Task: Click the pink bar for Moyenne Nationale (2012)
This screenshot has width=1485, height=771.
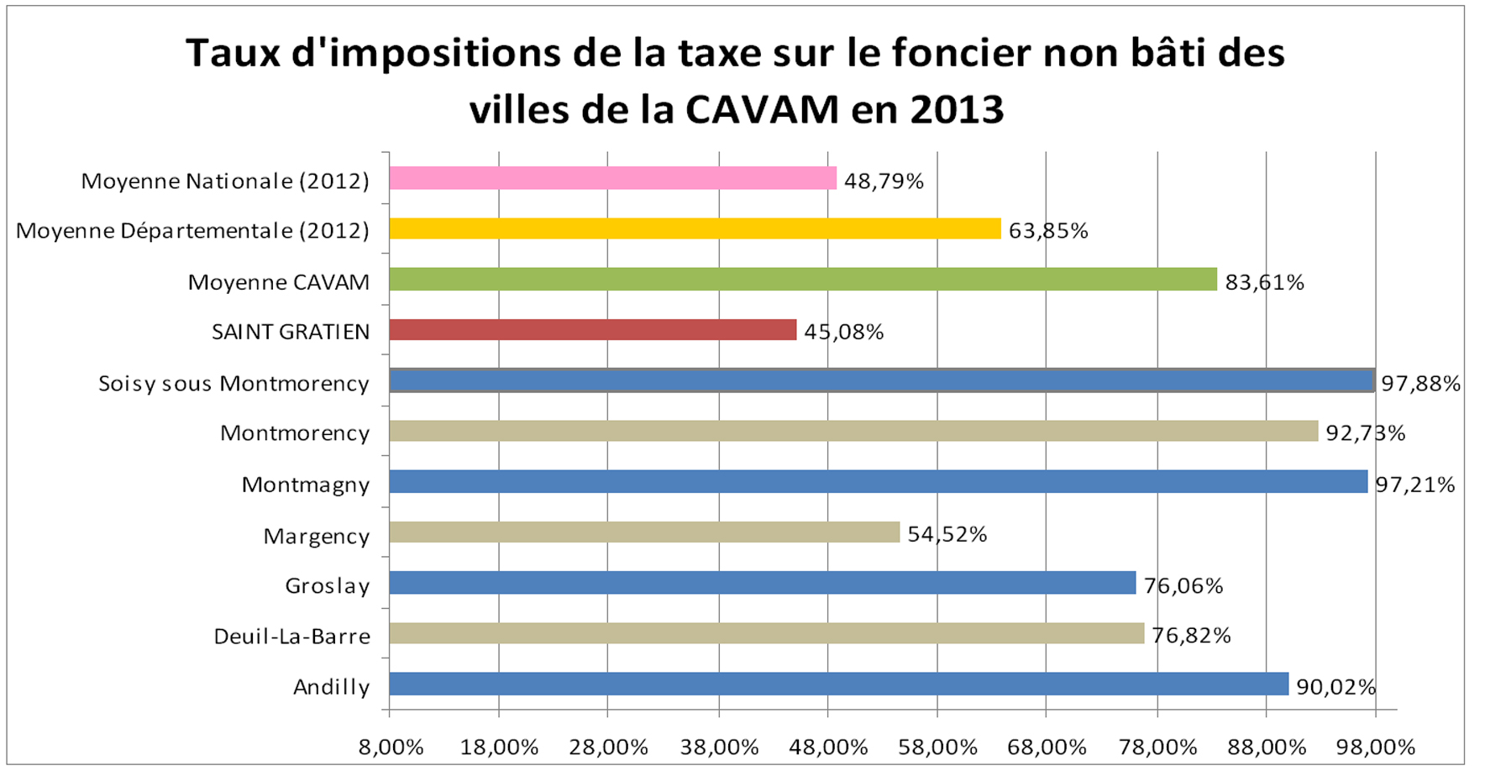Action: click(x=612, y=178)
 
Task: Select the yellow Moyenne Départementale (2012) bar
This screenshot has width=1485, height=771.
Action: click(x=695, y=228)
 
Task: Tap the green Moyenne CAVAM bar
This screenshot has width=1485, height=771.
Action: click(x=802, y=280)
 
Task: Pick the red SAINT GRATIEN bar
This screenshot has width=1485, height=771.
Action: click(x=592, y=330)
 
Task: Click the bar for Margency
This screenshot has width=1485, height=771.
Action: click(x=644, y=532)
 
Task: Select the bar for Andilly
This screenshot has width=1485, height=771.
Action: click(x=838, y=684)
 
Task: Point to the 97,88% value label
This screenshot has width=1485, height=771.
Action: click(x=1421, y=384)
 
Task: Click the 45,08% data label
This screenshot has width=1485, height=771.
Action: click(x=843, y=333)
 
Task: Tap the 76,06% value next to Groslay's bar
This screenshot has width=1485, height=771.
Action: click(x=1183, y=586)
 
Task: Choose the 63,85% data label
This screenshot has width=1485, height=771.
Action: click(x=1047, y=231)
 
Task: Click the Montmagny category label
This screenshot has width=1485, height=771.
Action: click(x=306, y=485)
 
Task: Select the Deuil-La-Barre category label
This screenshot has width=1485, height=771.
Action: click(x=291, y=637)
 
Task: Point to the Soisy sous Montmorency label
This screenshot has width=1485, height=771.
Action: click(x=234, y=384)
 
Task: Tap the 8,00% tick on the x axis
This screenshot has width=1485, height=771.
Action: click(x=391, y=747)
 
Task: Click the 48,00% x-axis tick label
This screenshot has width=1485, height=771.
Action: click(x=828, y=747)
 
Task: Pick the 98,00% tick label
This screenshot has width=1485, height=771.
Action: click(x=1376, y=747)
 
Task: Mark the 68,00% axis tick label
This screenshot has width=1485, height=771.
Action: click(x=1047, y=747)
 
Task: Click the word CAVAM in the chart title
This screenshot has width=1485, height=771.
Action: click(x=762, y=110)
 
